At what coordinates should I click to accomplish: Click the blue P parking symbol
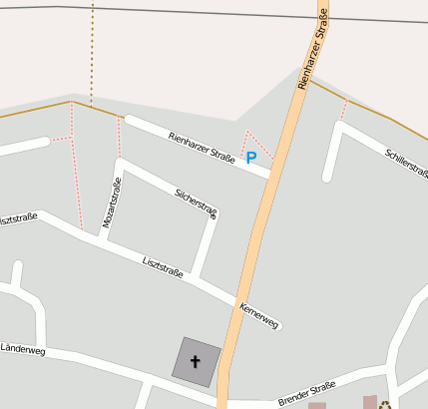click(251, 157)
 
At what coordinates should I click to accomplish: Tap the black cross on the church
click(195, 361)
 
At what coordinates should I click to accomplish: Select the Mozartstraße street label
click(112, 204)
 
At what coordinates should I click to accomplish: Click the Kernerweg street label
click(259, 314)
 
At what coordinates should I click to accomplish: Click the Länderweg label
click(22, 350)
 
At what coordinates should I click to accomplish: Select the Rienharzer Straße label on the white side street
click(202, 147)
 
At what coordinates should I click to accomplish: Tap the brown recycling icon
click(385, 404)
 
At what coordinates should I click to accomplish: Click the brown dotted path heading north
click(92, 50)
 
